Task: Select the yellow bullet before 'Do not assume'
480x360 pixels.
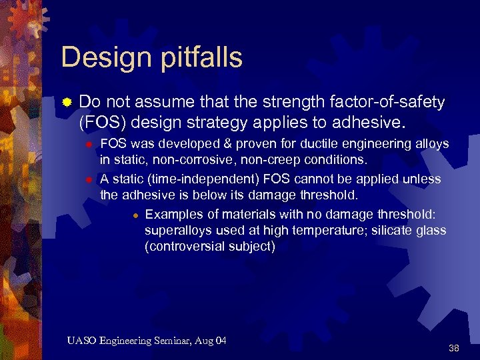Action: tap(67, 103)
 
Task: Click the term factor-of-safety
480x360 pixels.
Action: tap(387, 102)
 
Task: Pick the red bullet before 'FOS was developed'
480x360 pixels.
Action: tap(87, 145)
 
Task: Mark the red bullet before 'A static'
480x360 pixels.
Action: tap(87, 179)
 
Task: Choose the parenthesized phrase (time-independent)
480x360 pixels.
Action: tap(199, 179)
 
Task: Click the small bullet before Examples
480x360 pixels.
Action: tap(135, 215)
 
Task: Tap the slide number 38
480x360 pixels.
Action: tap(454, 348)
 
